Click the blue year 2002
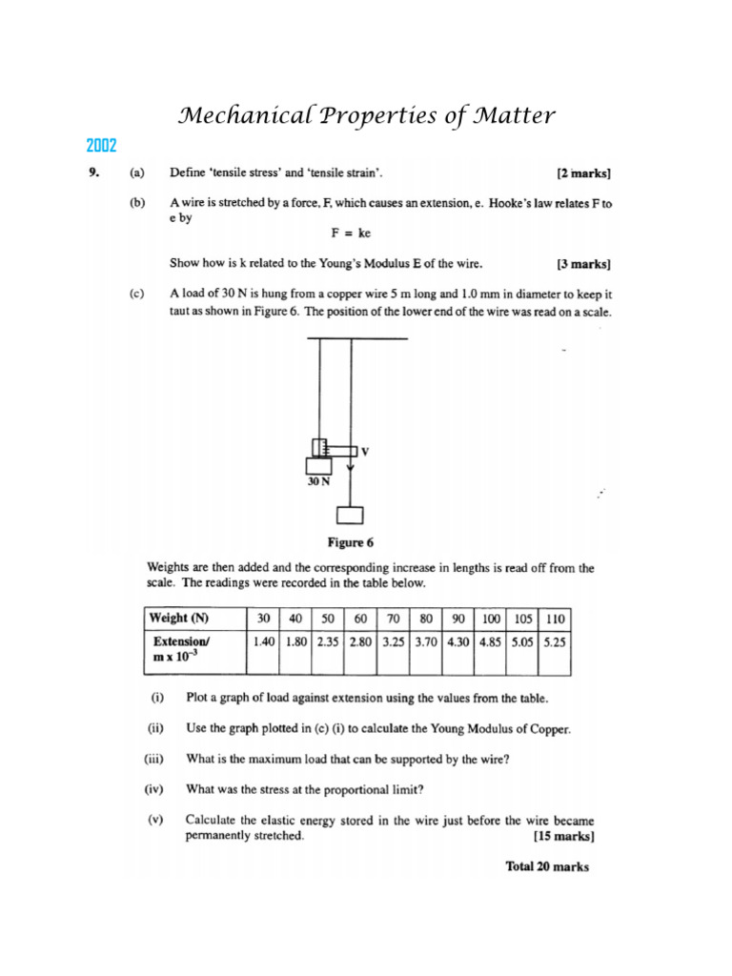101,146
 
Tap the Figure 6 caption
350,542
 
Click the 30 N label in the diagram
318,482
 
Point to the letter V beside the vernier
364,451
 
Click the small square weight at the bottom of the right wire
350,516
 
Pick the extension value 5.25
555,642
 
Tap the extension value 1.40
264,642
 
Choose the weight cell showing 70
393,618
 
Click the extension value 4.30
458,642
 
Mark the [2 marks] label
583,173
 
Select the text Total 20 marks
546,866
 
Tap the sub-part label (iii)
154,760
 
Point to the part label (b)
137,203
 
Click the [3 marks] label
583,264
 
